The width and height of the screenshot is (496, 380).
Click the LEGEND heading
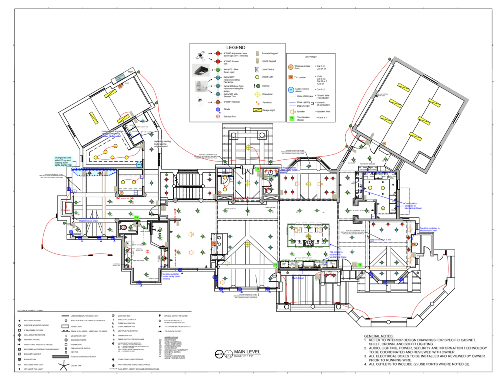pos(236,48)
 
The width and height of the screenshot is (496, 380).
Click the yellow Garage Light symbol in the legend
pos(257,110)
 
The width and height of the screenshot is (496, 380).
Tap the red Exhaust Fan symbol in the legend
pos(218,116)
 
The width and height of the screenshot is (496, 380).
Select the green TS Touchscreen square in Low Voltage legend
pos(292,118)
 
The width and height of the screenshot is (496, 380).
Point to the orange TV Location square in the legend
pos(290,77)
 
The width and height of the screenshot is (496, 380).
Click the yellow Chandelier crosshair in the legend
pos(257,94)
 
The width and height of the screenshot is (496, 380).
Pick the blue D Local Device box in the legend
pos(257,69)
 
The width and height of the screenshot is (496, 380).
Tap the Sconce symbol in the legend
pos(257,86)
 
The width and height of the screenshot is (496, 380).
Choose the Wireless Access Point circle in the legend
pos(290,67)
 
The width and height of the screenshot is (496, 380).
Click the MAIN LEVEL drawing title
pos(247,352)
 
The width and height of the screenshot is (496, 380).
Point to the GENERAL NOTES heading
pos(379,336)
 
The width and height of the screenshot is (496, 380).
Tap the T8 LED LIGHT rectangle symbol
pos(65,326)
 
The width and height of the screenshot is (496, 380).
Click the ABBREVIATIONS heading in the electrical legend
pos(171,337)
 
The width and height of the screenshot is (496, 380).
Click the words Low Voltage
pos(311,57)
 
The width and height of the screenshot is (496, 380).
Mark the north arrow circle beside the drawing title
pos(219,354)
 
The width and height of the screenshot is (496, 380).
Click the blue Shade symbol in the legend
pos(218,109)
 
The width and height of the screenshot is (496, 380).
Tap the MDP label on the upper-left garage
pos(131,72)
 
